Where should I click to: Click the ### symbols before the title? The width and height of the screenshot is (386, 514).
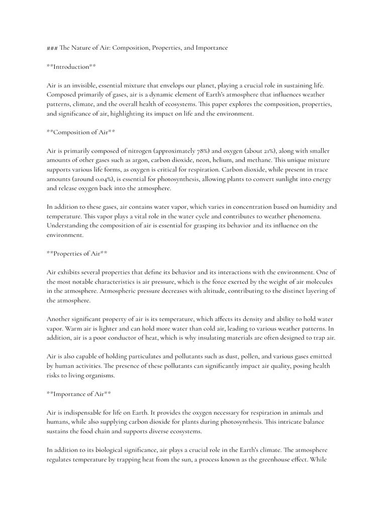[52, 48]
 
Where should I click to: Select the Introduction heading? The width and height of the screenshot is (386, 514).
[71, 67]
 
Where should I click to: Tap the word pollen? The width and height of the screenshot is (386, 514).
[236, 356]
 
